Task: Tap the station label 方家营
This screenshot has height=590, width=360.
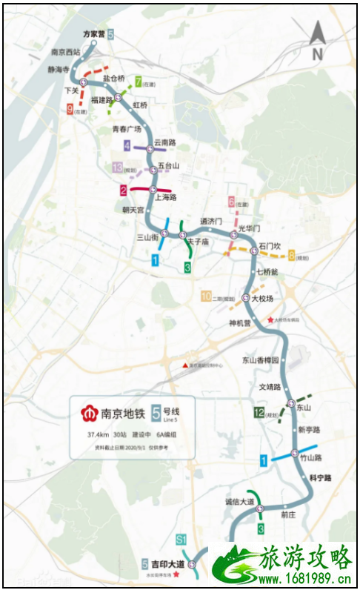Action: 94,34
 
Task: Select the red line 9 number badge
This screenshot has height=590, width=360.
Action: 70,109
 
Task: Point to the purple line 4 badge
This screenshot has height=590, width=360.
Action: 127,146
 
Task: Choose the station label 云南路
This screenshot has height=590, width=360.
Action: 164,142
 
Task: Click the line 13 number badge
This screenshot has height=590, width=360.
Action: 117,168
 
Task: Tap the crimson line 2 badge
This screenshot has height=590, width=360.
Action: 124,190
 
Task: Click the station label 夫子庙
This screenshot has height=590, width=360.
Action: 196,242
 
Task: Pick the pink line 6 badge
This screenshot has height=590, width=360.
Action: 232,202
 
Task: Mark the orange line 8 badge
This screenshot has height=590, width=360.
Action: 293,256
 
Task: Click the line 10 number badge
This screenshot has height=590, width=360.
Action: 206,297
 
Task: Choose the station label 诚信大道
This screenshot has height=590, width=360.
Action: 239,502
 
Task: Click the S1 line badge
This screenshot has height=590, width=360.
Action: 181,538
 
